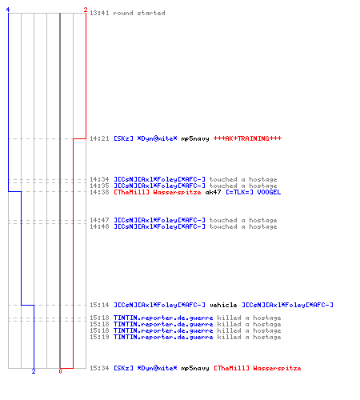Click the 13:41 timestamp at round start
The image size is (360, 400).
click(x=99, y=13)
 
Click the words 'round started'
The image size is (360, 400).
click(x=139, y=13)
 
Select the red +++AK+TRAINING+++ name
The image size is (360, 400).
click(x=247, y=138)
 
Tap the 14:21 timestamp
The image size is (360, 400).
click(x=99, y=138)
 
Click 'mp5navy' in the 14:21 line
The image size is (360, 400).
click(x=195, y=138)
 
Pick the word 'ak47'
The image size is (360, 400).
click(x=213, y=192)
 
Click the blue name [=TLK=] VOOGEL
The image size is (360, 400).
click(x=253, y=192)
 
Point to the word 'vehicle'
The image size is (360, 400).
click(x=223, y=305)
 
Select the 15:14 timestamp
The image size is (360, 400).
click(x=99, y=305)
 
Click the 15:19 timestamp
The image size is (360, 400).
click(x=99, y=337)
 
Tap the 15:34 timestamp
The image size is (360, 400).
click(x=99, y=368)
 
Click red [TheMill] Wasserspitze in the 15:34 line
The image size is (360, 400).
click(x=258, y=368)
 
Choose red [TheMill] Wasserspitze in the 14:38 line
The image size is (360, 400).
click(x=158, y=192)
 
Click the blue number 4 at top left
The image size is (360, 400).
click(x=8, y=10)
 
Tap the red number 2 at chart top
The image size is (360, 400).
click(x=86, y=10)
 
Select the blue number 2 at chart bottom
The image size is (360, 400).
click(x=34, y=371)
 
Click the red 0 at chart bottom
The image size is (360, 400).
click(x=60, y=371)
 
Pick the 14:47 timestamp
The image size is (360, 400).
click(x=99, y=220)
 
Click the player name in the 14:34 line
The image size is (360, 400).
click(x=159, y=179)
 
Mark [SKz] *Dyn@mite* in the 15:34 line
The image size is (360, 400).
click(x=146, y=368)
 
